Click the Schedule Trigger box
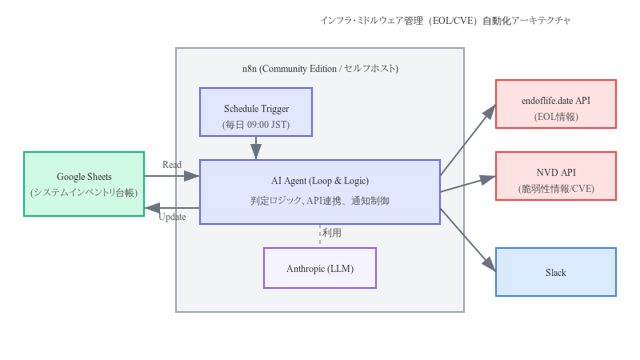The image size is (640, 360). (256, 112)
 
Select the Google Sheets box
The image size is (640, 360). (84, 184)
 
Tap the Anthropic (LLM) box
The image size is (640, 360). (320, 268)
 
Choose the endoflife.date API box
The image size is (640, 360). (556, 104)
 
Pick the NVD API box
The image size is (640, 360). (556, 176)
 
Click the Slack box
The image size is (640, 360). (556, 272)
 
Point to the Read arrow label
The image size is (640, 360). (172, 165)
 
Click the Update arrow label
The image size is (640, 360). (172, 217)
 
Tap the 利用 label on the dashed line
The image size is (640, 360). (332, 233)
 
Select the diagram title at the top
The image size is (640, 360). (446, 20)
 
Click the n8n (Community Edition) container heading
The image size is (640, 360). (320, 69)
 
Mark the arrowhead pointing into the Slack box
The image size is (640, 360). (490, 265)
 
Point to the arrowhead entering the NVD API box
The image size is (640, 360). (488, 178)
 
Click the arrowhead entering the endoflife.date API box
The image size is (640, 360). (490, 111)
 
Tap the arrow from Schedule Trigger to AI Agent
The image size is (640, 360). (256, 148)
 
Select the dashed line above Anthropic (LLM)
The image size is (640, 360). (320, 235)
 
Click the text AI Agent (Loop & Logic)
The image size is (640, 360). (320, 181)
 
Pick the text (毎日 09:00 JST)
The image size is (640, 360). (256, 125)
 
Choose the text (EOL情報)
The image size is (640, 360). (556, 117)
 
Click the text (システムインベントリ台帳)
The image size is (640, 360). (84, 193)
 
